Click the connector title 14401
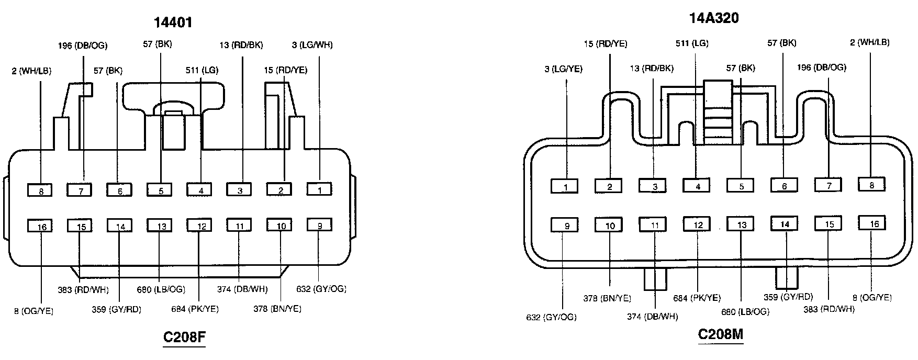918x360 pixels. (x=173, y=22)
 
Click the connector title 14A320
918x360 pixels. (x=713, y=18)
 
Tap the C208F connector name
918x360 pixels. (x=184, y=337)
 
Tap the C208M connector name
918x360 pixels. (x=721, y=334)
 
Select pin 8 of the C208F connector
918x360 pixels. (x=41, y=190)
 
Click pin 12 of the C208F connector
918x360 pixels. (x=200, y=226)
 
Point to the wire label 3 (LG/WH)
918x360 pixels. (x=312, y=45)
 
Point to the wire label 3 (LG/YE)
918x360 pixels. (x=563, y=69)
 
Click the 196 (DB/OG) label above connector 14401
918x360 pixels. (x=83, y=46)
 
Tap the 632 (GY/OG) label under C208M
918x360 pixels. (x=551, y=317)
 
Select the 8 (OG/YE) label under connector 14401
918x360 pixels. (x=33, y=311)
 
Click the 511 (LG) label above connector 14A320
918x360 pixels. (x=692, y=43)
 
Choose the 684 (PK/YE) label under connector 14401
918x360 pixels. (x=195, y=309)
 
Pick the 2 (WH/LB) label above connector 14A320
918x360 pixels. (x=869, y=42)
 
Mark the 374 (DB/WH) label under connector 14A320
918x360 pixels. (x=652, y=316)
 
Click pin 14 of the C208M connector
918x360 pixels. (x=785, y=223)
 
